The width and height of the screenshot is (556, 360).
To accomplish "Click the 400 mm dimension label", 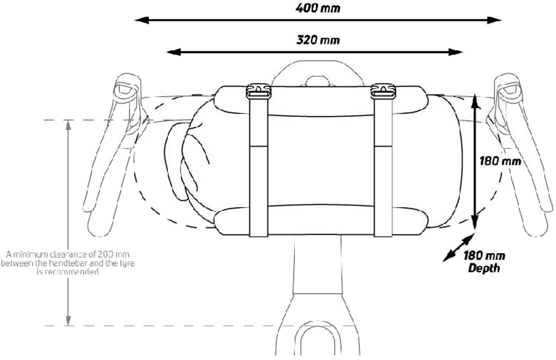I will (318, 8).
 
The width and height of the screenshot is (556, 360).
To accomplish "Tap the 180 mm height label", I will (501, 161).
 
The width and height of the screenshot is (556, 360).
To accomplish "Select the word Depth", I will (484, 268).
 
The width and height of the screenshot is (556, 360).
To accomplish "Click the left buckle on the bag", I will (258, 90).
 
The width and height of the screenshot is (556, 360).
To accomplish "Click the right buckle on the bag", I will (383, 90).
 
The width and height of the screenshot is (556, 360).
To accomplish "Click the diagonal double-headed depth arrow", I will (458, 248).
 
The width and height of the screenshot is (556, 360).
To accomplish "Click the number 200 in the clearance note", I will (108, 254).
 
